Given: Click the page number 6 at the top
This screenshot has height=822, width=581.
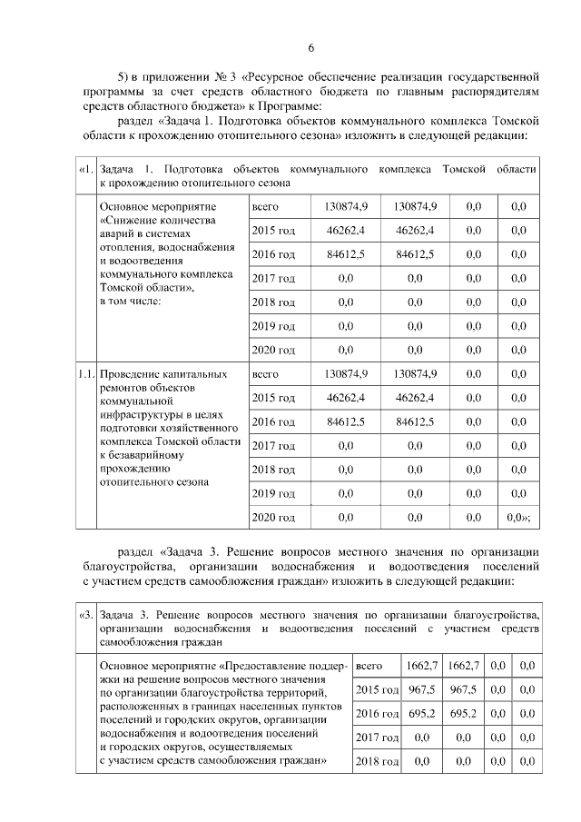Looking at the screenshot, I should click(310, 48).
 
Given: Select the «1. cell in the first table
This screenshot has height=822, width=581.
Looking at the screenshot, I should click(84, 170).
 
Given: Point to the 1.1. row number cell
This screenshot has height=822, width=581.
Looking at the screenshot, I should click(84, 373).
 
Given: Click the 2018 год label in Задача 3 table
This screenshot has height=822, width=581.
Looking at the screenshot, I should click(377, 760).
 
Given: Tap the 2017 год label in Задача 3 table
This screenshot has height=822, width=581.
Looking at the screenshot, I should click(377, 737).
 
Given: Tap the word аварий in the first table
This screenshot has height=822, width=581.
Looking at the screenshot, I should click(116, 234).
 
